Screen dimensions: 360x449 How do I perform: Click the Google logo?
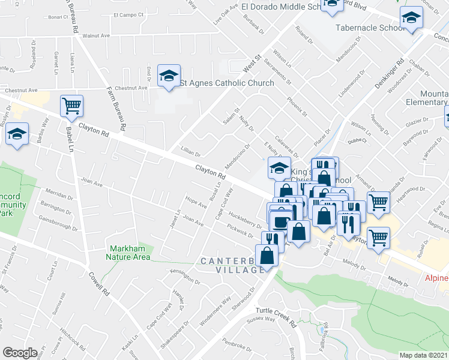(x=19, y=353)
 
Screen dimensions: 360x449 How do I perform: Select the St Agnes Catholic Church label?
(x=227, y=83)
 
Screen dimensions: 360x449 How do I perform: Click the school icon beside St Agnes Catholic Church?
(x=169, y=76)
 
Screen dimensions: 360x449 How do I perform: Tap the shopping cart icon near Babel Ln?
(x=71, y=106)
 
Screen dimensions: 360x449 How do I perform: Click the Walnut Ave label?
(x=96, y=36)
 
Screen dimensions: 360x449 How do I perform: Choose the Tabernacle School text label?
(x=369, y=28)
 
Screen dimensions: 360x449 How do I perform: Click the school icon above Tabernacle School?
(x=411, y=18)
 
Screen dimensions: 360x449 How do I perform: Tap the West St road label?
(x=253, y=61)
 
